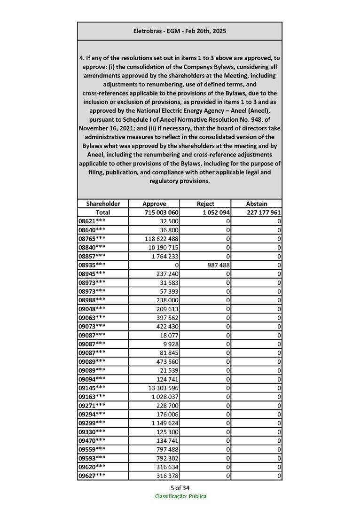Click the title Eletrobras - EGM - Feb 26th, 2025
pos(180,31)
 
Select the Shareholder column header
pos(103,204)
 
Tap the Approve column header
pos(154,204)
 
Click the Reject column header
pos(205,204)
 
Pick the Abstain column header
pos(257,204)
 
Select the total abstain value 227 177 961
pos(264,212)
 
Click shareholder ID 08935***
pos(92,265)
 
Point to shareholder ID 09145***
pos(92,388)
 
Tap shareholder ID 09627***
pos(92,476)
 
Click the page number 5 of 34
pos(180,487)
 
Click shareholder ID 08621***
pos(92,221)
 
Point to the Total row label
pos(103,212)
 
